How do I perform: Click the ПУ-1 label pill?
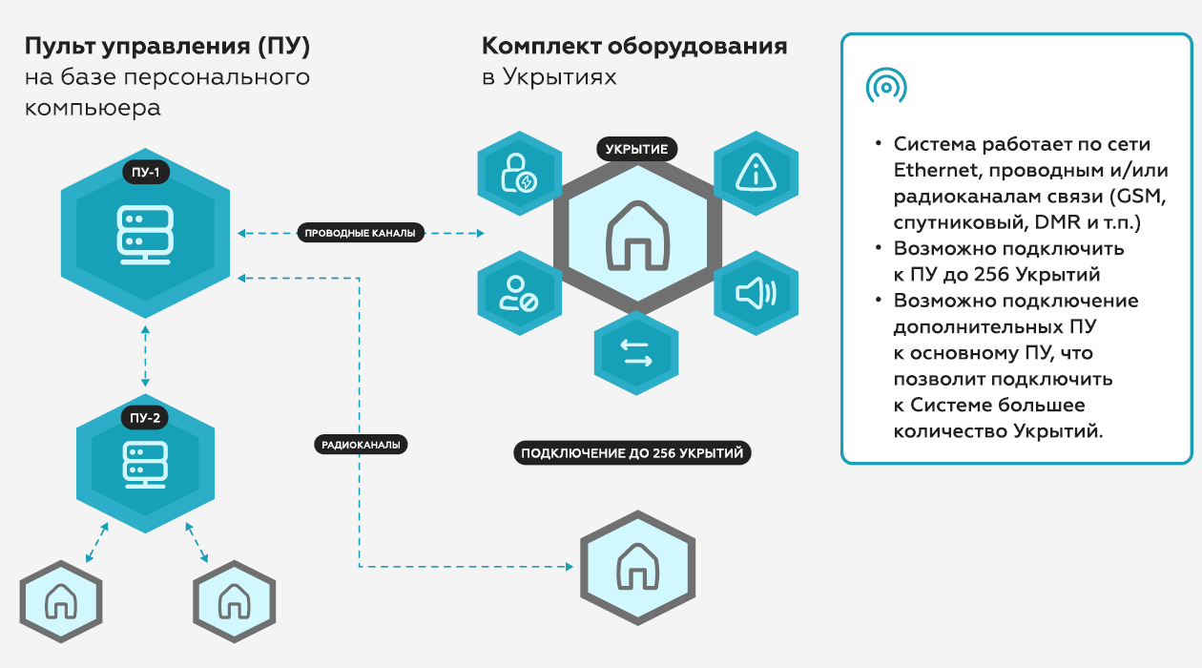pyautogui.click(x=145, y=173)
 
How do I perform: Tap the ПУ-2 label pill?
pyautogui.click(x=145, y=417)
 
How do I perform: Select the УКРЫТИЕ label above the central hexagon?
pyautogui.click(x=637, y=149)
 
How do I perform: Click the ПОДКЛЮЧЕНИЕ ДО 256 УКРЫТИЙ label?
pyautogui.click(x=632, y=453)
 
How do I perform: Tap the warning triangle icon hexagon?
pyautogui.click(x=756, y=173)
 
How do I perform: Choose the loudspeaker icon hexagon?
pyautogui.click(x=756, y=293)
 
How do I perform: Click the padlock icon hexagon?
pyautogui.click(x=519, y=173)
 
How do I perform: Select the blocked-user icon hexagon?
pyautogui.click(x=519, y=293)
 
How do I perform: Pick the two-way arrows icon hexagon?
pyautogui.click(x=636, y=353)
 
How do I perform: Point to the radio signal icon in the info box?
pyautogui.click(x=885, y=87)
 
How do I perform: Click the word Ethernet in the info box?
pyautogui.click(x=933, y=171)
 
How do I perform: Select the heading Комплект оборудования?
pyautogui.click(x=633, y=46)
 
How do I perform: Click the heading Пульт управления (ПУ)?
pyautogui.click(x=167, y=46)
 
